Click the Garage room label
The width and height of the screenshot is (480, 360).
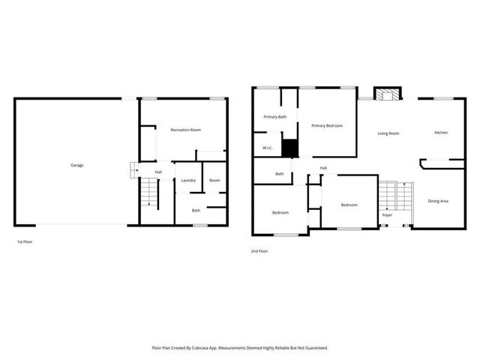tap(77, 165)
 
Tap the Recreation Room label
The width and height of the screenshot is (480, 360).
tap(185, 130)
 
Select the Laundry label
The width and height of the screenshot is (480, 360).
tap(188, 180)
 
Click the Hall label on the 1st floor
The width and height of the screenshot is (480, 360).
tap(158, 172)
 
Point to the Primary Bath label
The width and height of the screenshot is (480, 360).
tap(274, 117)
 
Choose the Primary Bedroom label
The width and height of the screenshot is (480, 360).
tap(327, 125)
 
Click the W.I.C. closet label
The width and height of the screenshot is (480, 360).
tap(267, 148)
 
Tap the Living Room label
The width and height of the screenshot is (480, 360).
tap(388, 133)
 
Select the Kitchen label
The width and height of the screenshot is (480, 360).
tap(441, 133)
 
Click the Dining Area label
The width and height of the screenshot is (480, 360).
tap(438, 201)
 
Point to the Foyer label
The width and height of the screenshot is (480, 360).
tap(387, 215)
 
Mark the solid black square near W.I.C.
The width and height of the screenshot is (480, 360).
tap(290, 148)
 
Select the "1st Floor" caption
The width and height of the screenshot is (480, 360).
tap(25, 242)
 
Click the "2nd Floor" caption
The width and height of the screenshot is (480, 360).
tap(259, 251)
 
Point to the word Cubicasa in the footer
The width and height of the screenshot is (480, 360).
tap(200, 348)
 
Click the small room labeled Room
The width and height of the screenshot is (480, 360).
tap(214, 180)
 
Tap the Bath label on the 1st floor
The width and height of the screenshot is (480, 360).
tap(196, 210)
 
